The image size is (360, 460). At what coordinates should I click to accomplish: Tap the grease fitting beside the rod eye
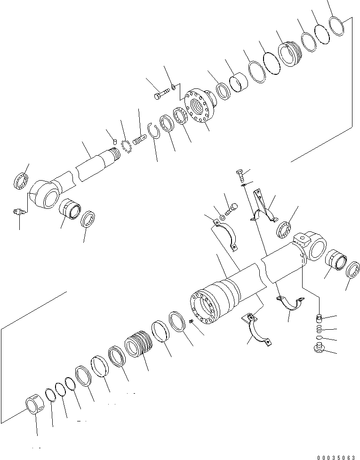[19, 213]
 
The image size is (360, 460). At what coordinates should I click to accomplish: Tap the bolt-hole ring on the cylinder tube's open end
[205, 308]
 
